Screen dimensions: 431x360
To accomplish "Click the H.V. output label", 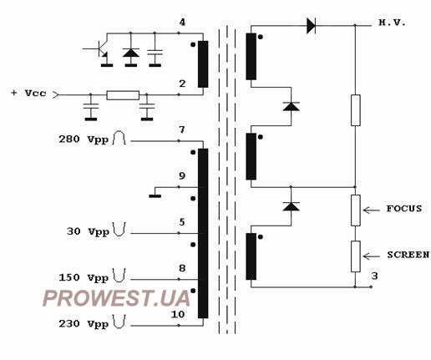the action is [x=392, y=23].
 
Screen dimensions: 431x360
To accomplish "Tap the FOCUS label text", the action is [x=404, y=209].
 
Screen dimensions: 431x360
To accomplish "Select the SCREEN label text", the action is [x=408, y=255].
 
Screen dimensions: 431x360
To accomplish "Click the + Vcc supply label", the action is [x=28, y=93].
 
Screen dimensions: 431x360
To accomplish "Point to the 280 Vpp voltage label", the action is [x=84, y=139].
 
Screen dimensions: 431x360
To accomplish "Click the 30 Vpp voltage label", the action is [x=88, y=231].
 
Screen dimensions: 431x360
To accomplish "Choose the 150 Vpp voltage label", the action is [x=84, y=277].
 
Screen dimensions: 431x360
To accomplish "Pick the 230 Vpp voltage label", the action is [x=84, y=324].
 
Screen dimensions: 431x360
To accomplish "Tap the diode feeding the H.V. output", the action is [x=311, y=26].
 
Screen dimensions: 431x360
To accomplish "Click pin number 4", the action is [x=182, y=23].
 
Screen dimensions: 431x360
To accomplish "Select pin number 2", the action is [x=182, y=84].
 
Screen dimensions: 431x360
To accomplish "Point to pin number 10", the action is [x=178, y=314].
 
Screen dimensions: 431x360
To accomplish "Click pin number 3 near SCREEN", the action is [x=374, y=276].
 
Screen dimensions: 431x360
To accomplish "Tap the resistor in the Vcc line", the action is [x=123, y=95].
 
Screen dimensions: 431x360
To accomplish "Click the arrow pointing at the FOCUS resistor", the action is [x=371, y=210].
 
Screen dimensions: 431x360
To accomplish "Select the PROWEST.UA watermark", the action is [x=116, y=298].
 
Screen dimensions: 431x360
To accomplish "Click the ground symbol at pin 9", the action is [x=155, y=196].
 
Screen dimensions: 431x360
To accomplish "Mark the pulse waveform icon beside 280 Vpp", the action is [x=119, y=138].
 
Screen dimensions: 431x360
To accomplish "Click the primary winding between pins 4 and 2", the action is [x=203, y=64].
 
